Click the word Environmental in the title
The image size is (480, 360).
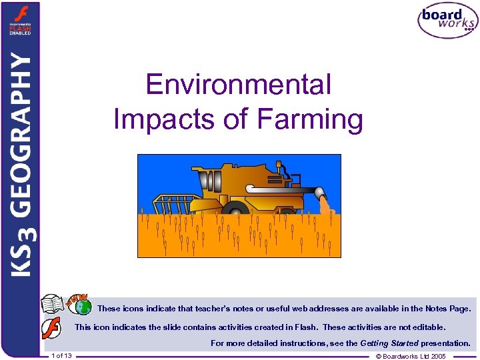click(x=239, y=85)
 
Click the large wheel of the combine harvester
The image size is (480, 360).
click(x=235, y=209)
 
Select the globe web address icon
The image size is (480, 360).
click(x=83, y=307)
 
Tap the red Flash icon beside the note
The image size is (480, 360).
click(x=52, y=329)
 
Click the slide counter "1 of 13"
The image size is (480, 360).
click(x=61, y=356)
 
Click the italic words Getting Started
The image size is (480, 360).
click(x=389, y=343)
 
